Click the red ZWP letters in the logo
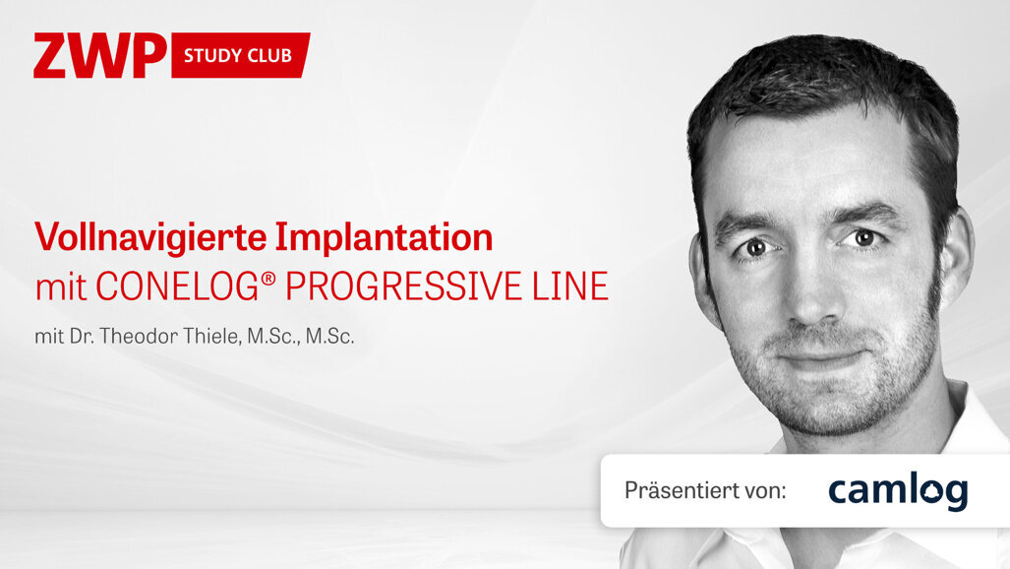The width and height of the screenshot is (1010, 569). click(x=99, y=55)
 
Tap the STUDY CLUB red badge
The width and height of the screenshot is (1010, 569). click(x=238, y=55)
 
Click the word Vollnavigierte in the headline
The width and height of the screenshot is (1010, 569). click(x=149, y=237)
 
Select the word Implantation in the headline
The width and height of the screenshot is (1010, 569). click(x=384, y=237)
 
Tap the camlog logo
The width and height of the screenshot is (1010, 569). click(x=897, y=490)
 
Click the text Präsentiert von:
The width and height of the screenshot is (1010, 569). click(x=705, y=490)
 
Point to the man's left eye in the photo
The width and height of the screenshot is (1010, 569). click(x=864, y=237)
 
